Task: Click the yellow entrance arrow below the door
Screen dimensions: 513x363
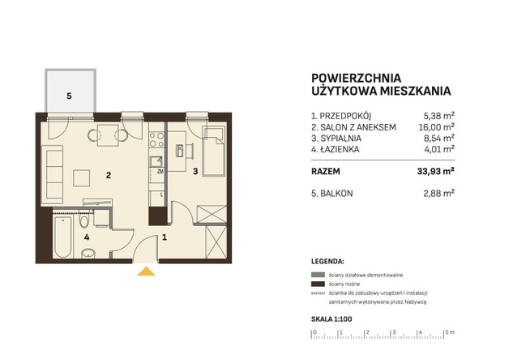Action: [x=146, y=271]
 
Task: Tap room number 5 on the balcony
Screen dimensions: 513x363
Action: [x=69, y=96]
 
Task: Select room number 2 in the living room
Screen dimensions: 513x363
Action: [x=109, y=175]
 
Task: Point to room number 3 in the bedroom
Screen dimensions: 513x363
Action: [x=195, y=171]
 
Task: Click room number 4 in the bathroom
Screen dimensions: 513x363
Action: [x=87, y=237]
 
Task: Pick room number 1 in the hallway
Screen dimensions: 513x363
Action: [x=165, y=237]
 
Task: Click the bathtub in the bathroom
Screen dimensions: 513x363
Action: [x=62, y=236]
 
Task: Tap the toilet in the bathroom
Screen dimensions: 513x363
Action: [x=84, y=220]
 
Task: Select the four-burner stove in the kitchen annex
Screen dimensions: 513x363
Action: [x=156, y=139]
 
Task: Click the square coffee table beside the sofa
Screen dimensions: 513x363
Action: [x=82, y=178]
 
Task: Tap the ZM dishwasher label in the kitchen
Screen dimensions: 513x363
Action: [x=160, y=171]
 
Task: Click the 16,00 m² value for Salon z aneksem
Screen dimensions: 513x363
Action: [x=437, y=127]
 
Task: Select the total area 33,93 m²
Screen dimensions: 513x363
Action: [x=436, y=171]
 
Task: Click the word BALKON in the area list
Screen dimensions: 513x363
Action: [x=336, y=194]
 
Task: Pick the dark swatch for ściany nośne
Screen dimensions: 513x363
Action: [x=318, y=284]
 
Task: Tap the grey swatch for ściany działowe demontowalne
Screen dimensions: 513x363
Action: [x=318, y=275]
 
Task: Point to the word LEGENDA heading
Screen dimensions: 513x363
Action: [x=327, y=262]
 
